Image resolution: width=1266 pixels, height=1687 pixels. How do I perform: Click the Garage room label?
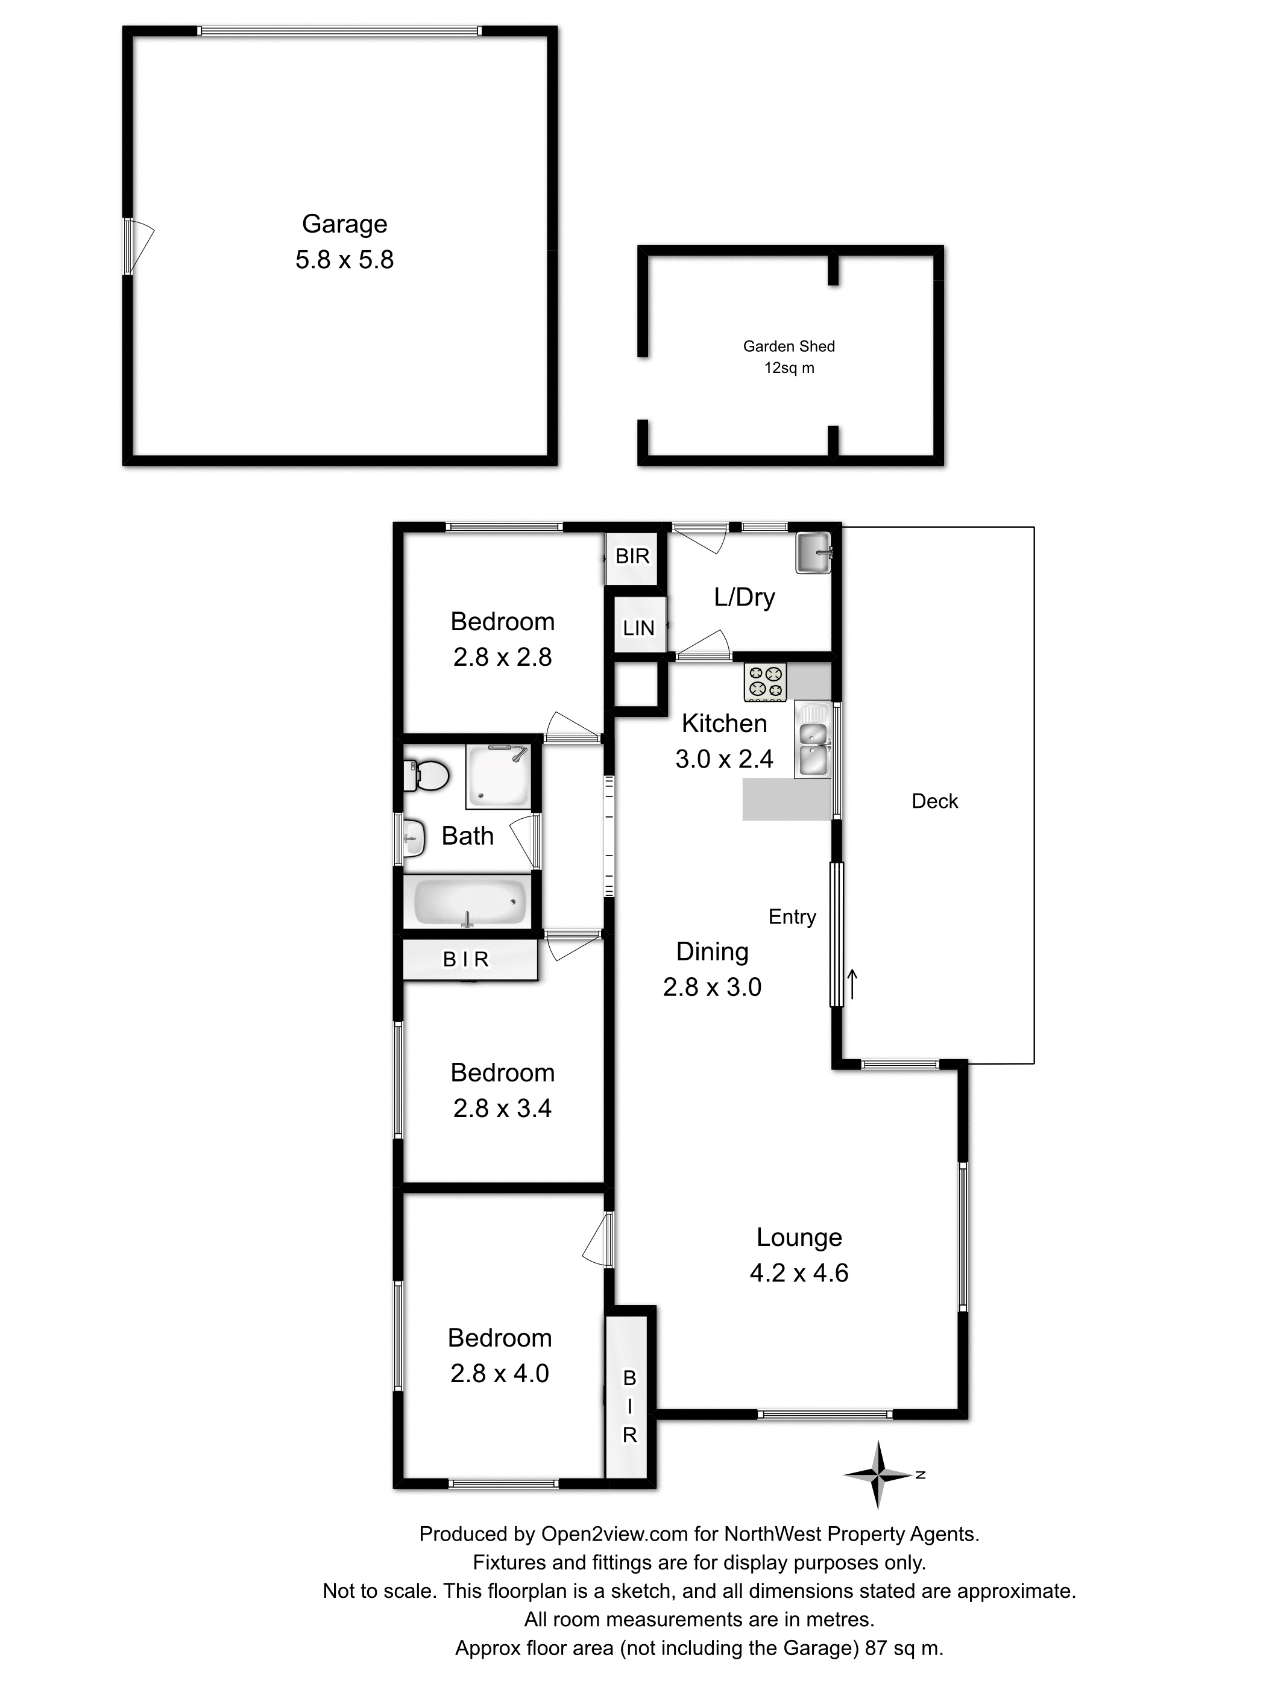[344, 224]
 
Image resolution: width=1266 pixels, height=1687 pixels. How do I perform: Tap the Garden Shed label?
[789, 346]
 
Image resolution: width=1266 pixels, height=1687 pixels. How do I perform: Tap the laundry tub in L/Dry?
[813, 553]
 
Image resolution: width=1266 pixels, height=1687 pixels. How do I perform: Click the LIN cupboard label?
[638, 628]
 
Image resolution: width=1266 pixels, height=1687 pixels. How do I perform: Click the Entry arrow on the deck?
[852, 984]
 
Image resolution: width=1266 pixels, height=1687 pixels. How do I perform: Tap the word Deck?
[934, 801]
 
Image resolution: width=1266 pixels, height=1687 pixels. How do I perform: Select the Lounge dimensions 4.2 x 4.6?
[798, 1273]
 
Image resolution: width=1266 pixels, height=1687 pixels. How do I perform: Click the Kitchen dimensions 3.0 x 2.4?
[723, 759]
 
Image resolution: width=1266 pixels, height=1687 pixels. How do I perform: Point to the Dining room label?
[712, 952]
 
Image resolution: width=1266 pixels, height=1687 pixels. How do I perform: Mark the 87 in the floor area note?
[875, 1648]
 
